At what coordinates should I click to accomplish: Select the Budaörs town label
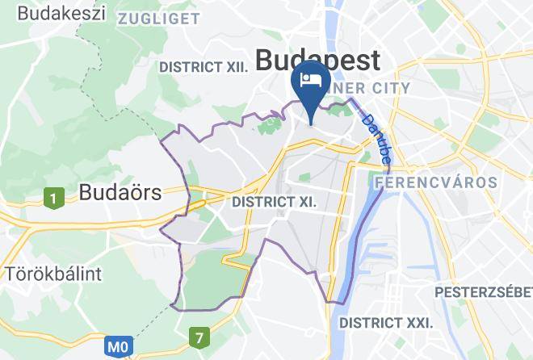coord(120,192)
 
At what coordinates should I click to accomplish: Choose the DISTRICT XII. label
coord(204,67)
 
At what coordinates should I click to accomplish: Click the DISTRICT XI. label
coord(274,201)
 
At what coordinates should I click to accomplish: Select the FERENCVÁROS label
coord(437,182)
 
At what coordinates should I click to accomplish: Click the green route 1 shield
coord(54,197)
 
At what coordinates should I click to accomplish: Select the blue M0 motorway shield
coord(118,348)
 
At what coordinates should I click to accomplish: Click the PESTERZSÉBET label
coord(483,291)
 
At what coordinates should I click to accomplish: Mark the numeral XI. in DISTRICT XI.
coord(304,201)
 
